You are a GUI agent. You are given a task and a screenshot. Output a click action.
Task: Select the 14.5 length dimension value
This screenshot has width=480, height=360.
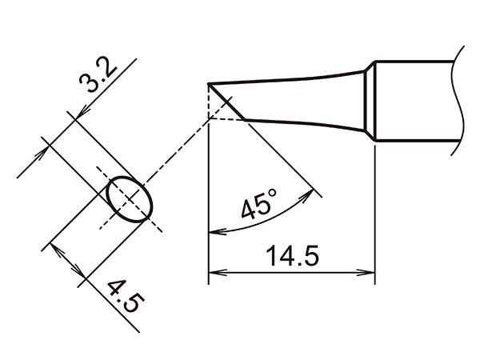pyautogui.click(x=292, y=258)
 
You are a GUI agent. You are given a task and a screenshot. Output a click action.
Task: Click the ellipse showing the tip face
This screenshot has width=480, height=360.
pyautogui.click(x=130, y=199)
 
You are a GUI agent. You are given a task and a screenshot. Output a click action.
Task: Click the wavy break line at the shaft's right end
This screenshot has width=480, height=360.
pyautogui.click(x=461, y=100)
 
